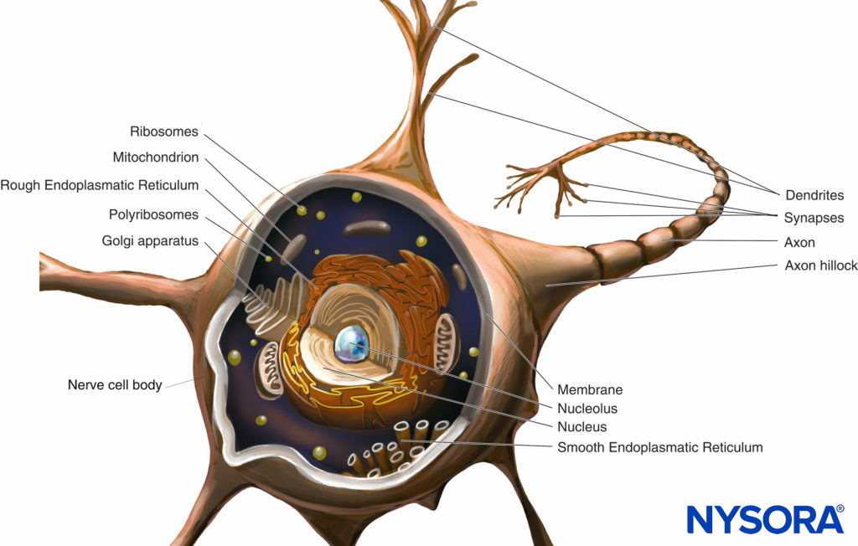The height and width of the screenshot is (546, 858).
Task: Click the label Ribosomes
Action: click(x=164, y=131)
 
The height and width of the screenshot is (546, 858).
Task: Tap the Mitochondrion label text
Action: click(x=156, y=157)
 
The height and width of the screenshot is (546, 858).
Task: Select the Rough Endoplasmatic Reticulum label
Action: click(x=100, y=185)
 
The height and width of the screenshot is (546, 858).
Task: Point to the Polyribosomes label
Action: click(x=153, y=214)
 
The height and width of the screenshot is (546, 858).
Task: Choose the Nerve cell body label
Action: click(x=115, y=386)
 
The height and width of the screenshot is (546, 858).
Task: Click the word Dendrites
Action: click(x=814, y=195)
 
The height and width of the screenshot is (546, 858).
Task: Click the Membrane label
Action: click(x=590, y=389)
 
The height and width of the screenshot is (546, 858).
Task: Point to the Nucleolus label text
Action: click(x=587, y=409)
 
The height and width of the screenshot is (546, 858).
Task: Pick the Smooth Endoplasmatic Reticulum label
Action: click(x=660, y=447)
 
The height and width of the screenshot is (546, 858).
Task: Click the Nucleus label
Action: click(x=582, y=427)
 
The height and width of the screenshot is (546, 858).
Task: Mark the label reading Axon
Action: click(x=799, y=243)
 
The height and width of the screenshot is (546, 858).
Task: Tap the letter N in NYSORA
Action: click(x=700, y=520)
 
